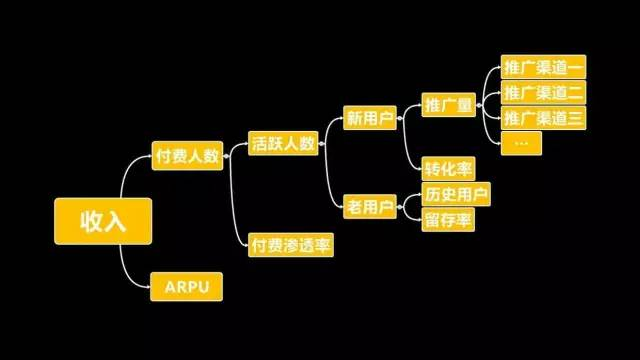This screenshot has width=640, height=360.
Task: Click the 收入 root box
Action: (x=103, y=222)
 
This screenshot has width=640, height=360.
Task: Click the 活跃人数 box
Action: (x=283, y=143)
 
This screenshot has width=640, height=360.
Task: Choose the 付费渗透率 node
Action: (x=290, y=244)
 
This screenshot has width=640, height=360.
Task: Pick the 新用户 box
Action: (x=369, y=118)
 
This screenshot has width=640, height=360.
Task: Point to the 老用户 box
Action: (x=369, y=207)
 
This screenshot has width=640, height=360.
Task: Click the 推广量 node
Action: (x=448, y=104)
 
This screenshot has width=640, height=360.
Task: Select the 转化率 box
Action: (x=447, y=168)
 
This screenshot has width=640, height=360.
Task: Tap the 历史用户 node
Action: (x=456, y=194)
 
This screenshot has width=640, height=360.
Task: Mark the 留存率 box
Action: (x=448, y=220)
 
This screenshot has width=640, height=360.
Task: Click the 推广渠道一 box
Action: (x=543, y=68)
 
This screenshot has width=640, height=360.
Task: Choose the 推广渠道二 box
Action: (x=543, y=93)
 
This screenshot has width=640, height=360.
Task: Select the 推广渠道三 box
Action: (x=543, y=118)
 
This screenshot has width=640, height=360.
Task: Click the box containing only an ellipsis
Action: (x=521, y=143)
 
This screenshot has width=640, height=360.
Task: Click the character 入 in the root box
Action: (x=116, y=222)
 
